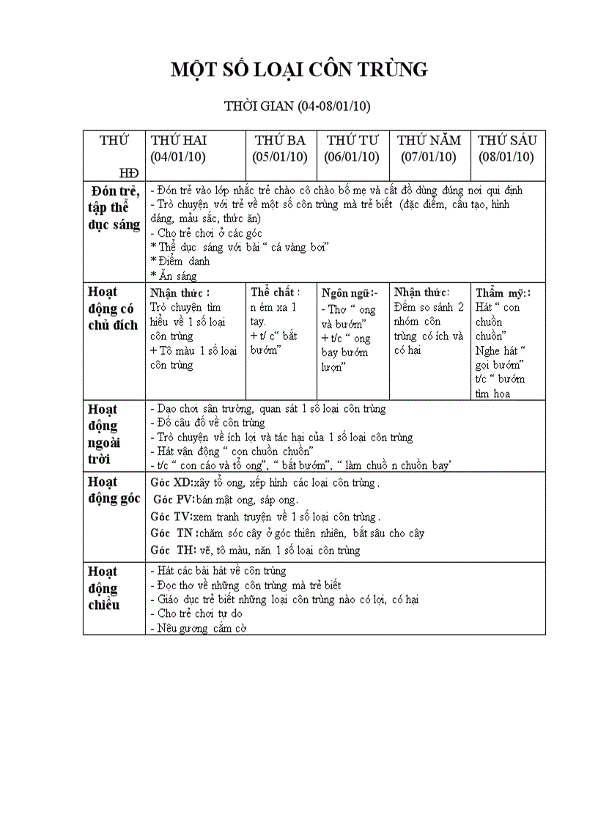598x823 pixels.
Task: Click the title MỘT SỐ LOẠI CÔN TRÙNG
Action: (298, 70)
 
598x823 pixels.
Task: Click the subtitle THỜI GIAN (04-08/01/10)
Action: (298, 106)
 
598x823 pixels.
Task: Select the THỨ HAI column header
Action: (179, 140)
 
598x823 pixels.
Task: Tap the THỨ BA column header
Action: (280, 140)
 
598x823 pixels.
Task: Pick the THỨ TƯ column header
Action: (352, 140)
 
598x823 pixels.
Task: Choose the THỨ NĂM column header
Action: (429, 140)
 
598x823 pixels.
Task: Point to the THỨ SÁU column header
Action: (507, 140)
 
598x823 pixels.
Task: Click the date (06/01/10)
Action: (352, 157)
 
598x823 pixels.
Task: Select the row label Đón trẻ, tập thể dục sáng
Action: (113, 207)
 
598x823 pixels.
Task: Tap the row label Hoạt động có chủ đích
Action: (113, 309)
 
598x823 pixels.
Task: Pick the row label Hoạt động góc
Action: (114, 490)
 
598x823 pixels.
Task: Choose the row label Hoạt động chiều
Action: (103, 588)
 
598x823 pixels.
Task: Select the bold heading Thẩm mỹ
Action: (503, 292)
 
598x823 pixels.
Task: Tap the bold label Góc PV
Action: (174, 500)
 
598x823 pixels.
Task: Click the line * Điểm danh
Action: (180, 262)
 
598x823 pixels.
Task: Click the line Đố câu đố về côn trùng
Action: (207, 423)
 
